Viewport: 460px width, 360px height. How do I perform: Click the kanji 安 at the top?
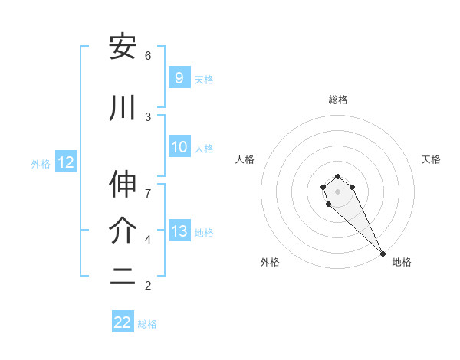[x=123, y=47]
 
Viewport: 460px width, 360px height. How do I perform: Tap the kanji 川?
[x=123, y=110]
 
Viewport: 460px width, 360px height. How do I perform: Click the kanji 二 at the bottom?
[x=123, y=279]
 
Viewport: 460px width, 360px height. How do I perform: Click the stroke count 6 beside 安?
[x=148, y=55]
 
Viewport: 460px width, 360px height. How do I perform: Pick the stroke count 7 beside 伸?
[x=148, y=185]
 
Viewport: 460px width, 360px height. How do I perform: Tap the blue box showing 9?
[x=179, y=77]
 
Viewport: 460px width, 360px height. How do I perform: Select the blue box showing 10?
[x=179, y=147]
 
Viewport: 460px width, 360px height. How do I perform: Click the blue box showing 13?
[x=179, y=231]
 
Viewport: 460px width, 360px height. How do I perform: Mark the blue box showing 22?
[x=123, y=322]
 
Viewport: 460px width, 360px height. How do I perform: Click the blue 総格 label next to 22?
[x=147, y=324]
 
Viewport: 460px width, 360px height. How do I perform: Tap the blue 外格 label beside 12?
[x=41, y=163]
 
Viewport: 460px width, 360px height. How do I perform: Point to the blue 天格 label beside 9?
[x=204, y=79]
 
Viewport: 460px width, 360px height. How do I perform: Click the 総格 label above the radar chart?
[x=338, y=100]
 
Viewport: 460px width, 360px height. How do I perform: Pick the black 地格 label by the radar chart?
[x=402, y=262]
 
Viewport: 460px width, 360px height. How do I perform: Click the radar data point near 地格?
[x=383, y=254]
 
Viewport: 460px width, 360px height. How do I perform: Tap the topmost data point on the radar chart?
[x=337, y=177]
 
